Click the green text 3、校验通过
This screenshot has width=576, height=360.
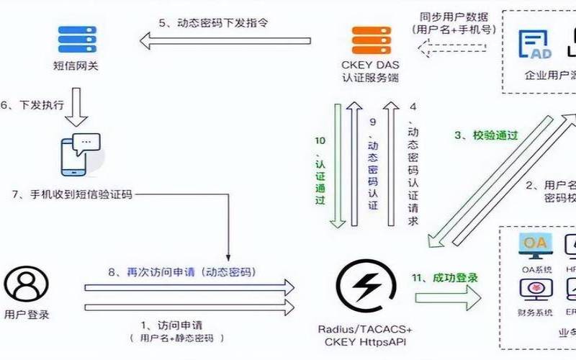point(485,135)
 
